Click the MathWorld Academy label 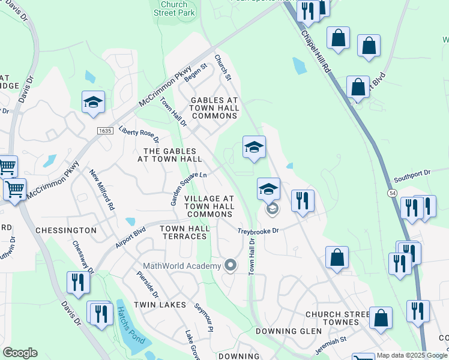click(182, 266)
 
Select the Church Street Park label click(174, 8)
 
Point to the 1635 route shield click(104, 130)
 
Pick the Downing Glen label click(286, 331)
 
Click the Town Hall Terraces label click(185, 232)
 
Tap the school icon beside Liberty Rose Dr click(94, 102)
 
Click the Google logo click(20, 353)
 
